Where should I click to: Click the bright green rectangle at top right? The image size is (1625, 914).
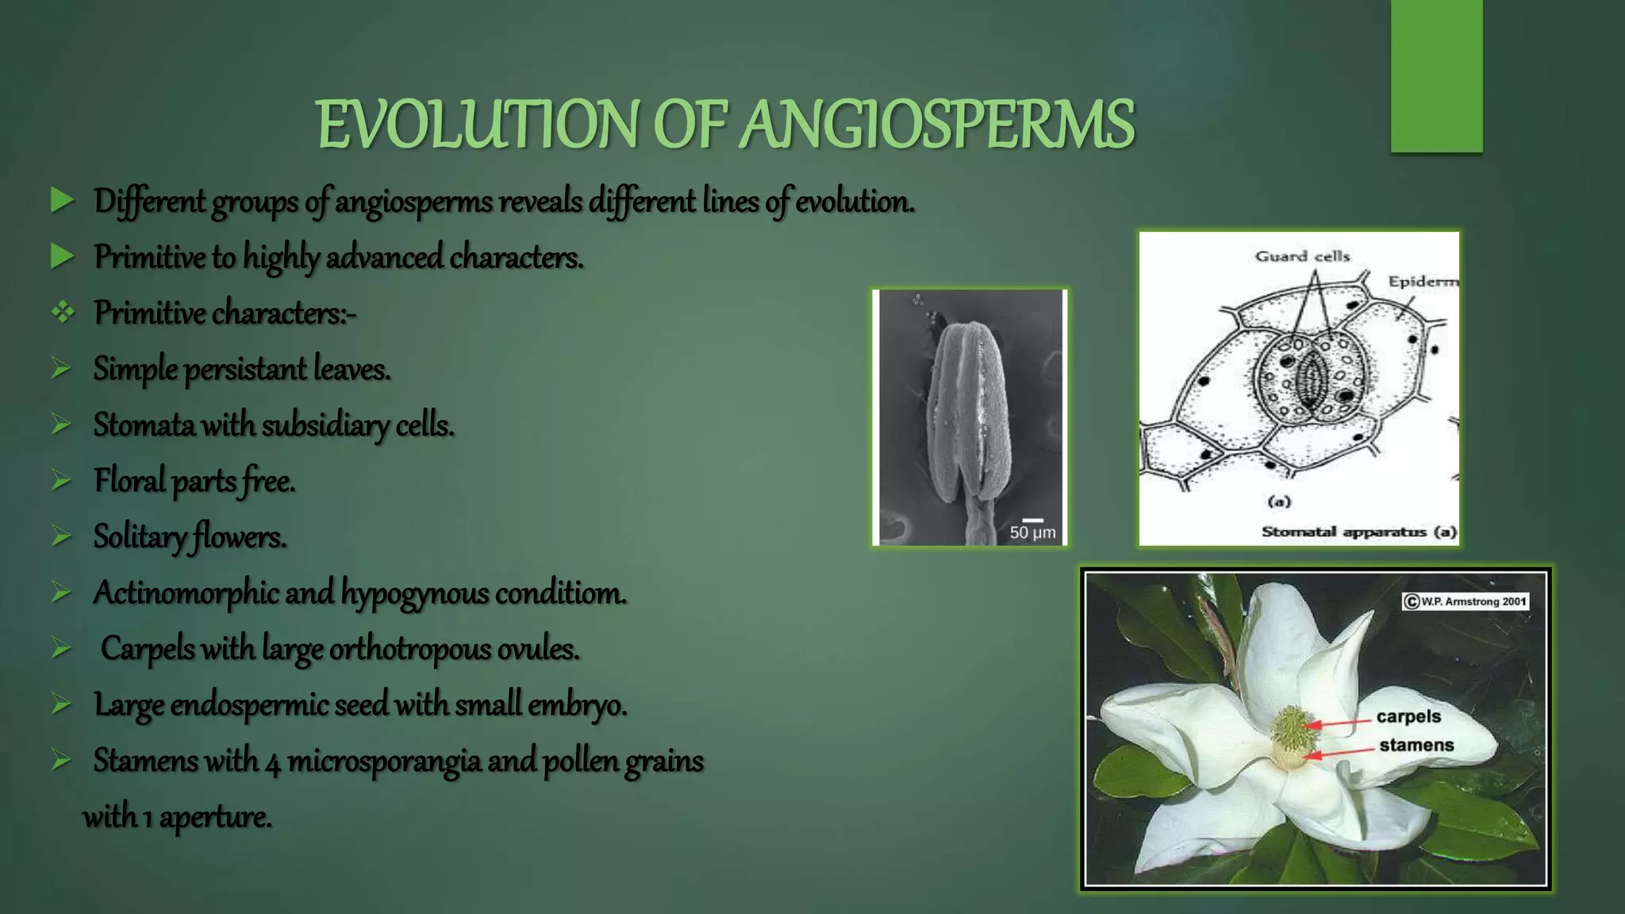click(1436, 76)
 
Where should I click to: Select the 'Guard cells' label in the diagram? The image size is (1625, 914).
click(1302, 256)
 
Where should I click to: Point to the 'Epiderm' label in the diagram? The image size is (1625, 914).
click(1423, 282)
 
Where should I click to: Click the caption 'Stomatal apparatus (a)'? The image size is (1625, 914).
click(1359, 532)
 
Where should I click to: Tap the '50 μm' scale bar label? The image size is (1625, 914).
click(1032, 532)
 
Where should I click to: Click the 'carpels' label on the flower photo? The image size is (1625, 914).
click(1408, 716)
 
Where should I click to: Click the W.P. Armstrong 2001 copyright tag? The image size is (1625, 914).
click(1466, 601)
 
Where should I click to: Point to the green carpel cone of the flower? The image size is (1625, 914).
click(1293, 728)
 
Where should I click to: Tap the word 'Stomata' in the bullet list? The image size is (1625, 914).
click(144, 425)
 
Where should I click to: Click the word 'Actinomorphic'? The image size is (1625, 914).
click(186, 593)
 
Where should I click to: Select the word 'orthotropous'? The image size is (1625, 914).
click(409, 650)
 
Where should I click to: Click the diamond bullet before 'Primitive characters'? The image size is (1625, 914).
click(63, 313)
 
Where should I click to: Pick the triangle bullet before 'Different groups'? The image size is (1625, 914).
click(63, 201)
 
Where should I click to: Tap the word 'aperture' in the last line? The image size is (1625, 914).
click(215, 817)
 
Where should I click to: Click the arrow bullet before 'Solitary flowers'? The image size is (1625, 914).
click(62, 537)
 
